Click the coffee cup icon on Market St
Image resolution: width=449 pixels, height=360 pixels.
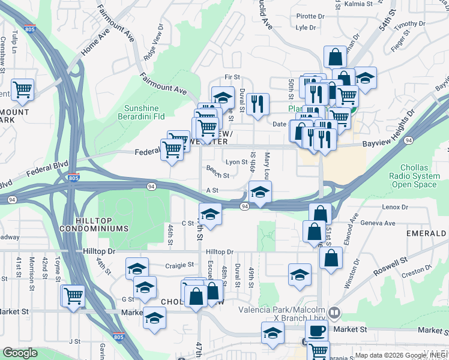[x=316, y=331]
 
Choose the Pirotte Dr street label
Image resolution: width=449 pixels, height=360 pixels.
[x=310, y=17]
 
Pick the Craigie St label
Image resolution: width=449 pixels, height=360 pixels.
[x=179, y=265]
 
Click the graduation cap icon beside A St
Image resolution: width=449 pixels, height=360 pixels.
[x=260, y=193]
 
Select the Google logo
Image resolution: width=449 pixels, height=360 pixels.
[x=20, y=353]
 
